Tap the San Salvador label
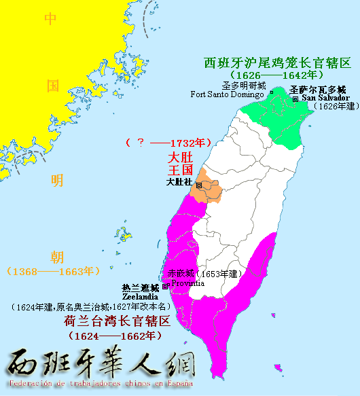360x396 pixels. click(x=325, y=97)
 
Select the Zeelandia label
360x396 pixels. click(x=141, y=297)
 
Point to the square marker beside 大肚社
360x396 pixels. click(x=198, y=185)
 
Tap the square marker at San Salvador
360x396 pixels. click(x=295, y=98)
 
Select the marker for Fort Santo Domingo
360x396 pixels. click(x=271, y=92)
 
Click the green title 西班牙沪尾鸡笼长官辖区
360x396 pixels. click(x=277, y=63)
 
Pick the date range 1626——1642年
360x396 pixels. click(x=276, y=75)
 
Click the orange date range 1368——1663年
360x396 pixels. click(x=52, y=272)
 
